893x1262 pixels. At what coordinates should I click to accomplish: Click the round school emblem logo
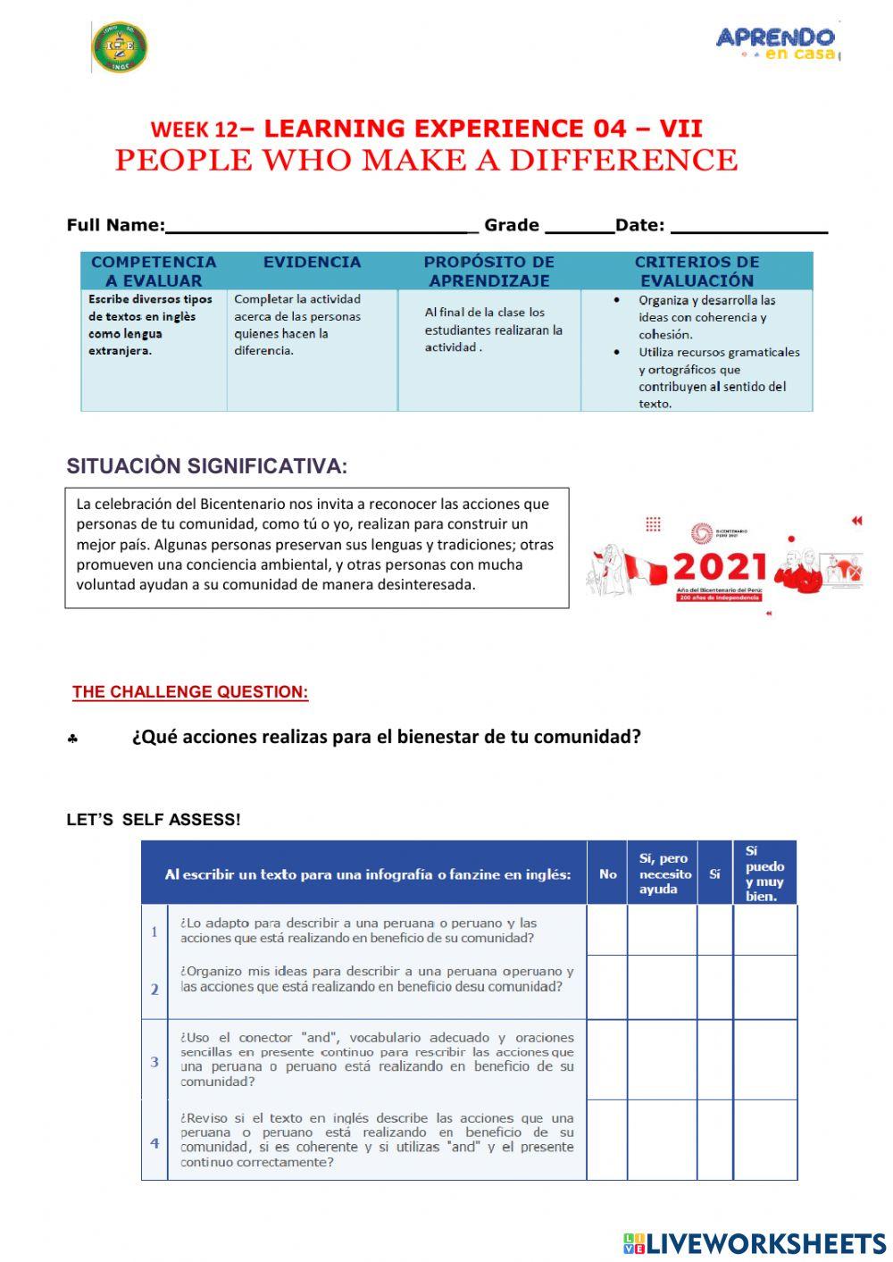(120, 47)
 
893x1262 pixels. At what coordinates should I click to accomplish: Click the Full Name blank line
(321, 225)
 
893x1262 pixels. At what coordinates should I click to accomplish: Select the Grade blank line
(579, 225)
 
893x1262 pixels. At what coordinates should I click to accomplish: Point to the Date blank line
(748, 225)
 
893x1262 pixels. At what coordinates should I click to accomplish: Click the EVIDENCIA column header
(312, 263)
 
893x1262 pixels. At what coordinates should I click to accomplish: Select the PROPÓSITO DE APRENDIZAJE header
(488, 271)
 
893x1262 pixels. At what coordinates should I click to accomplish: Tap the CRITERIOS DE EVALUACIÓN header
(697, 271)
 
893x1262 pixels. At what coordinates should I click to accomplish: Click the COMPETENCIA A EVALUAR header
(154, 271)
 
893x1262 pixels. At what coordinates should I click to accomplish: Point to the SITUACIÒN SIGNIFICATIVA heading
(206, 466)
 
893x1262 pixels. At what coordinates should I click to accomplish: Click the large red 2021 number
(720, 567)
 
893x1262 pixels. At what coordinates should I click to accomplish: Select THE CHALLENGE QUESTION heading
(190, 692)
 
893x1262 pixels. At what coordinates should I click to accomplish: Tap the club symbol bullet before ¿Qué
(72, 740)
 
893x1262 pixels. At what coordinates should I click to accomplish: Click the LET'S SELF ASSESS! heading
(154, 820)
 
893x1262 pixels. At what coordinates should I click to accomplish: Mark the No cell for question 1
(607, 930)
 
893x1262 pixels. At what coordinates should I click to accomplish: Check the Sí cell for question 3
(714, 1060)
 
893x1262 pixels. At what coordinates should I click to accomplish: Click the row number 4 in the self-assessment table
(154, 1142)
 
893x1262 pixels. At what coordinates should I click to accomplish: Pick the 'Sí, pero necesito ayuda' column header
(663, 873)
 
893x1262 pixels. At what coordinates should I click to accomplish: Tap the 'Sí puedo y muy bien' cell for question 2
(764, 987)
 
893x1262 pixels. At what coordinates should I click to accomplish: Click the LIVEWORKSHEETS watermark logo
(755, 1243)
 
